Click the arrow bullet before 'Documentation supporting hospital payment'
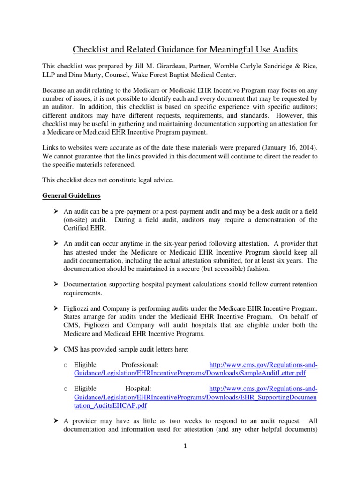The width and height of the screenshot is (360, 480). coord(55,285)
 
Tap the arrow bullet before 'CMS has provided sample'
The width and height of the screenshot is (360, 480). coord(55,349)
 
